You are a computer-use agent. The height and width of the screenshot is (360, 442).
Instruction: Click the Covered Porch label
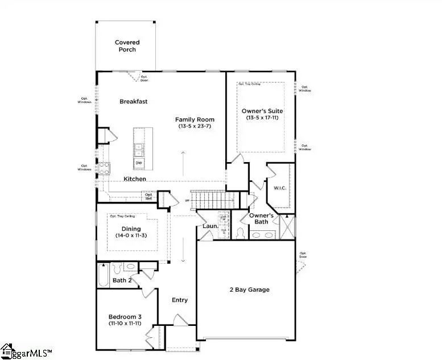pos(127,46)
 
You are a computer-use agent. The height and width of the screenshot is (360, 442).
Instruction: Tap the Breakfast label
pos(134,102)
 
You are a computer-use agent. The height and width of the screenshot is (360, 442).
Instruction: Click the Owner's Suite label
pos(262,111)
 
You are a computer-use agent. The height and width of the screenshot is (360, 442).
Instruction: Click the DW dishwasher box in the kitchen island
pos(138,163)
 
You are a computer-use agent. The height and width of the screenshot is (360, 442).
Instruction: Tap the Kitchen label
pos(135,179)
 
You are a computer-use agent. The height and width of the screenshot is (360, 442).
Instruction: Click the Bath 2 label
pos(122,280)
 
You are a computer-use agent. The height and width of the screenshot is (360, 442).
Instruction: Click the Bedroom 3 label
pos(125,317)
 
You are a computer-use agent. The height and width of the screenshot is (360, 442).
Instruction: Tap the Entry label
pos(180,300)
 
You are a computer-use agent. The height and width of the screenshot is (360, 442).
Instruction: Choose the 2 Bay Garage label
pos(250,289)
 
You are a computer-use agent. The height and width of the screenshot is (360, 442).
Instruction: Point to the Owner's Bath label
pos(262,219)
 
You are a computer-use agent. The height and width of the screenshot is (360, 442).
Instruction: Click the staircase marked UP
pos(213,200)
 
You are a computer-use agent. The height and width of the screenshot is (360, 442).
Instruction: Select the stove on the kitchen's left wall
pos(105,168)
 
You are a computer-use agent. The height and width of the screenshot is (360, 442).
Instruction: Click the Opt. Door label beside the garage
pos(303,255)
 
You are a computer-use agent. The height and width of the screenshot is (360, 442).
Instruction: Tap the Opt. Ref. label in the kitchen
pos(148,197)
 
